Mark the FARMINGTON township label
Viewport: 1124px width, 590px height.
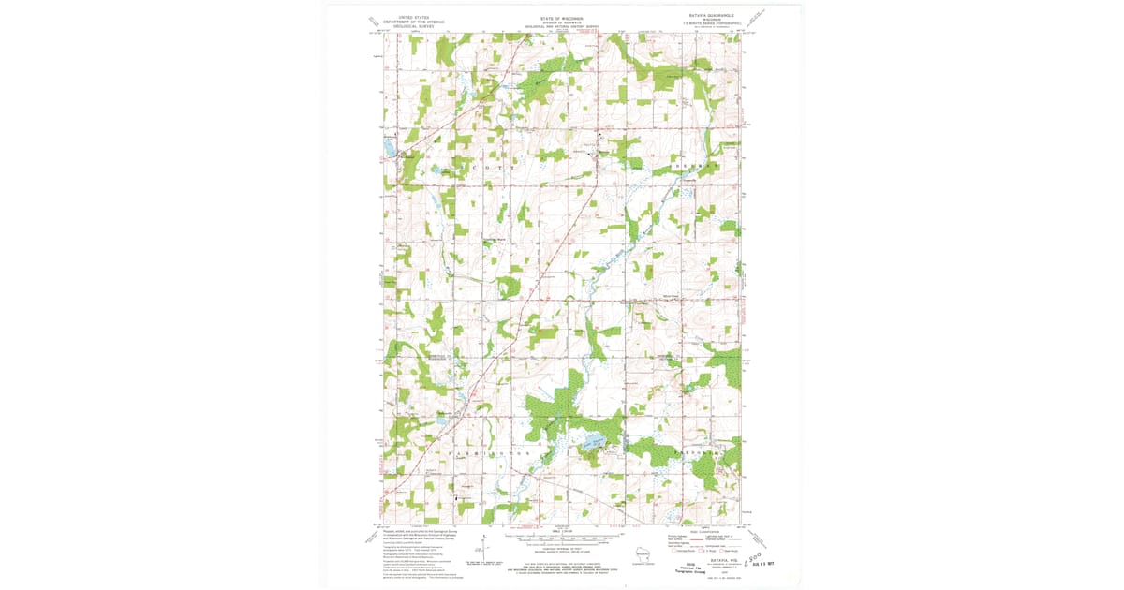tap(493, 453)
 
